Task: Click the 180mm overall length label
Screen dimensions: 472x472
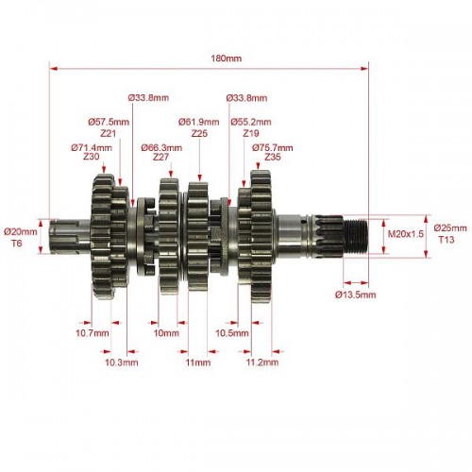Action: coord(226,59)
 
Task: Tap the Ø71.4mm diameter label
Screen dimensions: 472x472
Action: coord(92,147)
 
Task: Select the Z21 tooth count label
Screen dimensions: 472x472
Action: coord(109,133)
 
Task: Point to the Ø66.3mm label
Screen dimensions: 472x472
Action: coord(161,147)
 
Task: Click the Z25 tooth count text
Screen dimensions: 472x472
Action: coord(199,133)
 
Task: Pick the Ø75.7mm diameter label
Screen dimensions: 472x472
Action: coord(272,147)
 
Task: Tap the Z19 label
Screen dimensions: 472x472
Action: coord(251,133)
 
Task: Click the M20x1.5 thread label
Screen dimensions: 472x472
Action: coord(406,234)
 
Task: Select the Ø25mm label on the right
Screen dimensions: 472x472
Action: coord(450,228)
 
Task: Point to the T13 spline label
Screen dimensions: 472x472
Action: coord(447,240)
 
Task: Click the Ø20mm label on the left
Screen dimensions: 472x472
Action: coord(21,232)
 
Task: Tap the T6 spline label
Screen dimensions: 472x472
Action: coord(17,244)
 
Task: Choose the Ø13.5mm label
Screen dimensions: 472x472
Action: coord(356,295)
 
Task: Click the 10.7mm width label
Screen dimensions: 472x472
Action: coord(93,333)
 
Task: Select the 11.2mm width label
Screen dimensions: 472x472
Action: coord(262,362)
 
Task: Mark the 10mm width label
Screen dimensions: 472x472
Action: coord(166,333)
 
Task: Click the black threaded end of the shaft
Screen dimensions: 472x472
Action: coord(356,236)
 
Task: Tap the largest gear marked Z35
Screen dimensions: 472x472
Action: coord(261,236)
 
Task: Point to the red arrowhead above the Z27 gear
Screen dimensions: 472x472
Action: coord(171,173)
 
